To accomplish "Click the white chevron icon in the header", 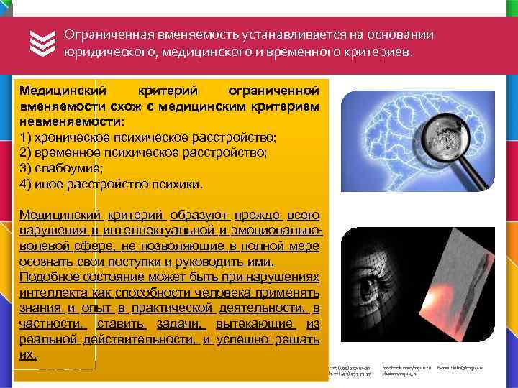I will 42,43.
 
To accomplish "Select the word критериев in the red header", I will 378,52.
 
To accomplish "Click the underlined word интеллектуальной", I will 159,230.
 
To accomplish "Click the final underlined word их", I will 28,355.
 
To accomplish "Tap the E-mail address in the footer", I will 460,368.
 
